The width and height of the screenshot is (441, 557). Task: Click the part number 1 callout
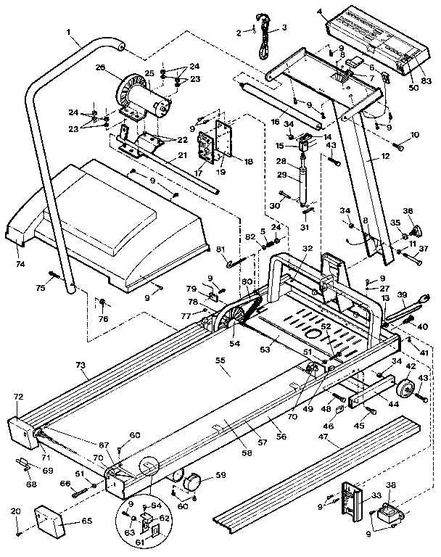68,32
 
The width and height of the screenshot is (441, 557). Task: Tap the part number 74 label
20,264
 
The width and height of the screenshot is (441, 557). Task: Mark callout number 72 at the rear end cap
19,397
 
